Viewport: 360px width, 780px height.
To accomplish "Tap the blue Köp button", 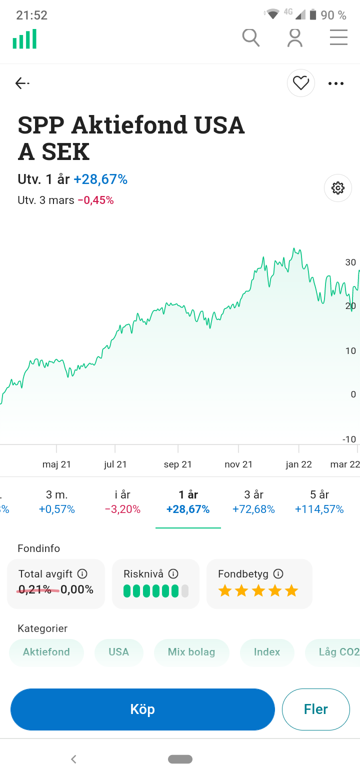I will (x=142, y=709).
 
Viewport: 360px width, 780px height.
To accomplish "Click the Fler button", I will (x=315, y=709).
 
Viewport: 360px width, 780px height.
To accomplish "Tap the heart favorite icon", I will (x=300, y=83).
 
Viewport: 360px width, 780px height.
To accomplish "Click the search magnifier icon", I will (x=250, y=37).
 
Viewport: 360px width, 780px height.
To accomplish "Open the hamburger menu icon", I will (x=338, y=37).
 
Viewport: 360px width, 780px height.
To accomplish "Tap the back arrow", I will (x=22, y=83).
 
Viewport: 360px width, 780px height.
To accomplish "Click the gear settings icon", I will (x=337, y=188).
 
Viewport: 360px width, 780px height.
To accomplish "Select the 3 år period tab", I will (x=253, y=501).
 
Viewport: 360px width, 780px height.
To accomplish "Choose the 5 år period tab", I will (x=319, y=501).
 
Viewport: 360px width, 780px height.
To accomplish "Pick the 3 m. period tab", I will (x=56, y=501).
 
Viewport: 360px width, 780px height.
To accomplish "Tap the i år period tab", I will (x=122, y=501).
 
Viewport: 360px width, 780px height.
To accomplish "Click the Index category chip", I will (x=267, y=652).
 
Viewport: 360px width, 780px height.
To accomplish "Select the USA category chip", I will (x=119, y=652).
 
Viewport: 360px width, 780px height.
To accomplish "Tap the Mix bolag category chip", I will (x=191, y=652).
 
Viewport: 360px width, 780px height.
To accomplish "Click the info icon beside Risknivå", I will (x=173, y=573).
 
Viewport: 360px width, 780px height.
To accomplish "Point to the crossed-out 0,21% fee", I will (x=35, y=590).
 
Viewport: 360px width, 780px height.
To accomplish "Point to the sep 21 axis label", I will (x=178, y=464).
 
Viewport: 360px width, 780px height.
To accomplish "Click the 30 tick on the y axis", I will (x=350, y=262).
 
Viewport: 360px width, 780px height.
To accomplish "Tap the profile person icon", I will (x=295, y=37).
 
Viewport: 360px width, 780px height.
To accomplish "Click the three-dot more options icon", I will (x=336, y=83).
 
